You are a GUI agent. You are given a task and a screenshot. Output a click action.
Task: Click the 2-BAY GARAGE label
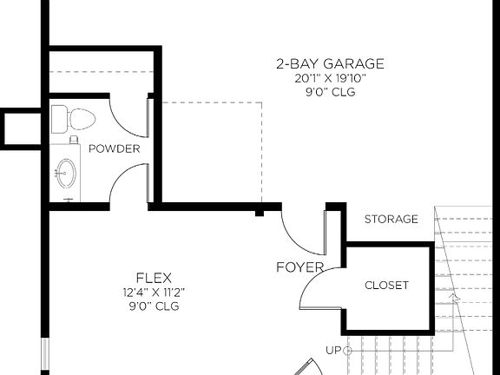coord(330,63)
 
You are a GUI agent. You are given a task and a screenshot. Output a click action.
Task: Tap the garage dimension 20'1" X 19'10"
coord(330,78)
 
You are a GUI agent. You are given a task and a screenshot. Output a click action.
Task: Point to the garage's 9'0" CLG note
coord(330,91)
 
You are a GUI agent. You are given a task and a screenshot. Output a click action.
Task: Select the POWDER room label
coord(114,148)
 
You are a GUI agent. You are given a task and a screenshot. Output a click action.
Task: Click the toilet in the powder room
coord(70,118)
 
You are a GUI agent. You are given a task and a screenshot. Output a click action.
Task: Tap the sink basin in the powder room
coord(66,172)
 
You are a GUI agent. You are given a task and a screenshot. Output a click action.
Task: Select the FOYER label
coord(299,266)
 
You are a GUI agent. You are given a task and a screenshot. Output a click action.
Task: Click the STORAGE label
coord(391,219)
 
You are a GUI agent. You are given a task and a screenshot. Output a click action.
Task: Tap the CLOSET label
coord(386,285)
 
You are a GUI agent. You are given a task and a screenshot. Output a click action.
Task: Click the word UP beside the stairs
coord(333,351)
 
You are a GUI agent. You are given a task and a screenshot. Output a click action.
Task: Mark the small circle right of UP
coord(347,351)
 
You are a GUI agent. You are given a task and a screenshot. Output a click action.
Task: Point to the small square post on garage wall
coord(260,211)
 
